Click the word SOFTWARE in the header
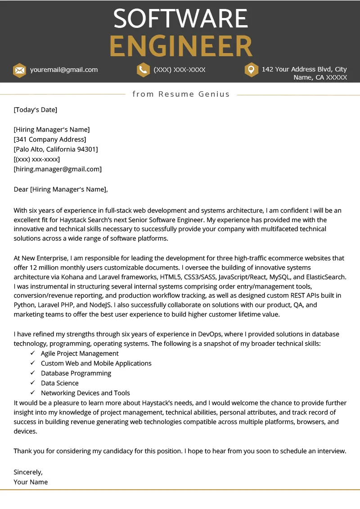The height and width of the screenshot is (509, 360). click(x=180, y=19)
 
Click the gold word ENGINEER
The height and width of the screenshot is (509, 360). click(x=181, y=46)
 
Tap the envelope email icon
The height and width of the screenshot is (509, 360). click(x=19, y=70)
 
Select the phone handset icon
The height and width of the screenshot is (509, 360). click(x=143, y=70)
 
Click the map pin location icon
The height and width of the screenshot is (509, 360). click(x=251, y=70)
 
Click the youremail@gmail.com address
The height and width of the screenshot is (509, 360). click(x=64, y=70)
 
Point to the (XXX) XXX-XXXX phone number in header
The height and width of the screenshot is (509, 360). click(x=180, y=70)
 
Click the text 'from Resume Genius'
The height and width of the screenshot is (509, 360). click(x=181, y=94)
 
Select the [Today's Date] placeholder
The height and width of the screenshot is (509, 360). click(x=36, y=110)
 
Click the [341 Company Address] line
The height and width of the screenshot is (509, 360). click(x=50, y=139)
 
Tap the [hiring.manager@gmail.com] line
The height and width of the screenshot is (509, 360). click(x=58, y=169)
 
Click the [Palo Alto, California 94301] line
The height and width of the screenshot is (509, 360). click(x=56, y=149)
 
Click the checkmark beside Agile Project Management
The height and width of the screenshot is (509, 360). click(x=32, y=353)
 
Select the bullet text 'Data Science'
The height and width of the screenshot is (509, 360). click(x=59, y=383)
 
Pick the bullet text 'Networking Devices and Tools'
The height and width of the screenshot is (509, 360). click(x=85, y=393)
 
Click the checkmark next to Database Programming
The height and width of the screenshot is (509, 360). click(x=32, y=373)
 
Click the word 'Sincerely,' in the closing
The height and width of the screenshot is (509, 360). click(x=28, y=472)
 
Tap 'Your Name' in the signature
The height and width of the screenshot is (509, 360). click(x=31, y=482)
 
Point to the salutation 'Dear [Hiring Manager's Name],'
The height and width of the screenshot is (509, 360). click(x=61, y=189)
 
